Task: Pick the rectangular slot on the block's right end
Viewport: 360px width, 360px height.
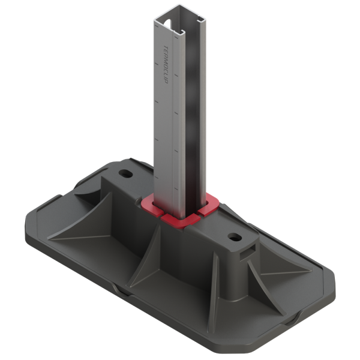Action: click(x=247, y=250)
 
